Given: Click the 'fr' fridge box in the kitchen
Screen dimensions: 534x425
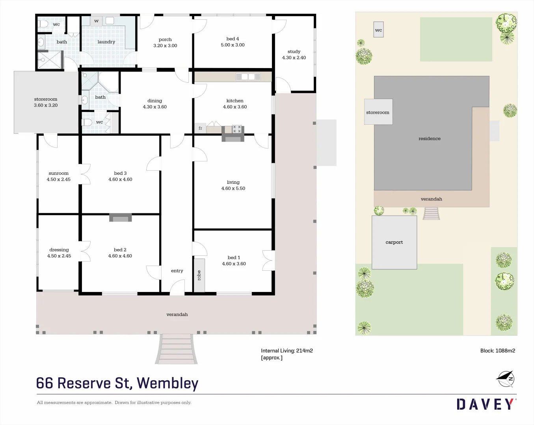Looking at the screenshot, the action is click(200, 128).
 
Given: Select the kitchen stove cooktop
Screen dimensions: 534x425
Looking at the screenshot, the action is click(237, 129).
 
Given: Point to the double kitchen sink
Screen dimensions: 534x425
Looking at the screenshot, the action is click(248, 77).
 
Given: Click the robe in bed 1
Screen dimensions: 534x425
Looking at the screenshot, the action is click(199, 275).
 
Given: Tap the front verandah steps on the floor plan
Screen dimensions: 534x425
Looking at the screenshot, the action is click(176, 349).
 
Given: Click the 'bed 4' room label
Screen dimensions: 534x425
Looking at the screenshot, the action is click(233, 39).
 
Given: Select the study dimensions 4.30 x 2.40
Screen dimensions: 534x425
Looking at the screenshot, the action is click(294, 58).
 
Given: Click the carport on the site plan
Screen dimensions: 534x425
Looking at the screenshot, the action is click(394, 242).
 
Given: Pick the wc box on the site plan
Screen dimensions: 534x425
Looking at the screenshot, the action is click(378, 30).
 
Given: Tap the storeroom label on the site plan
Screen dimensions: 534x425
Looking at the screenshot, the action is click(378, 113).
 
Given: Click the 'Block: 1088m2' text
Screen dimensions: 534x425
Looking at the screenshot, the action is click(497, 351).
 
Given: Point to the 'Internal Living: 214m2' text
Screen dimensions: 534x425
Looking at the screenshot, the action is click(287, 351).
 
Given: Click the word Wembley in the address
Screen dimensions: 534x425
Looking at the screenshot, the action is click(167, 383).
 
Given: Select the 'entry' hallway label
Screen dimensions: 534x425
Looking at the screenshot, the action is click(177, 271).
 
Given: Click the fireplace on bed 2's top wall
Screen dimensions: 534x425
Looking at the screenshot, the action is click(120, 218).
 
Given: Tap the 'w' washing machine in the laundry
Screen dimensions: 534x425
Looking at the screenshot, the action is click(96, 21).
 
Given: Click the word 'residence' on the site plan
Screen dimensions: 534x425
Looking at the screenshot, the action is click(430, 139).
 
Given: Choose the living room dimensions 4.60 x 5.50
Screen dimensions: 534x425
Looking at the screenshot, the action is click(233, 188).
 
